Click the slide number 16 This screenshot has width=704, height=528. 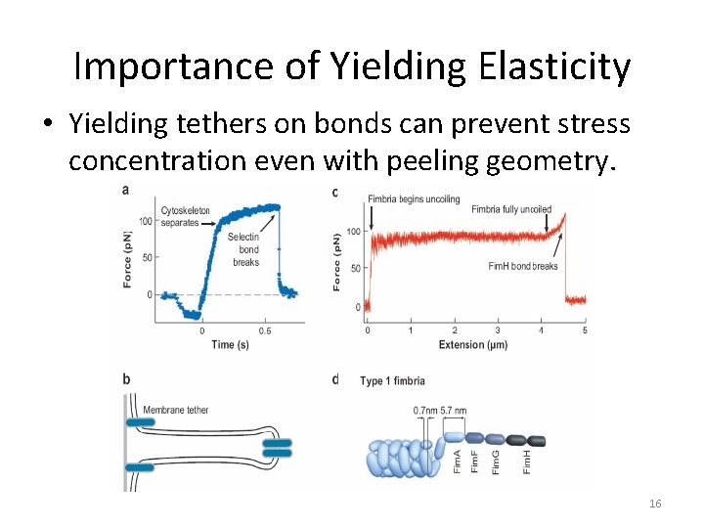[655, 503]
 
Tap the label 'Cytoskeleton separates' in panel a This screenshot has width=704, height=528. [186, 216]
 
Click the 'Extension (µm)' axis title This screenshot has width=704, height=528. [475, 344]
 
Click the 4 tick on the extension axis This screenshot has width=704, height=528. [542, 330]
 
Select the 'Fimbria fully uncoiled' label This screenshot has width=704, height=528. [510, 208]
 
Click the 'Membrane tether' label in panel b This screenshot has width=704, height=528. [176, 410]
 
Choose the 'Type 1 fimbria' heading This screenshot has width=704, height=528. [394, 380]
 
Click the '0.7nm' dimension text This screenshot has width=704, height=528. [425, 410]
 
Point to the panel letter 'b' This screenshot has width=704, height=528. [126, 379]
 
